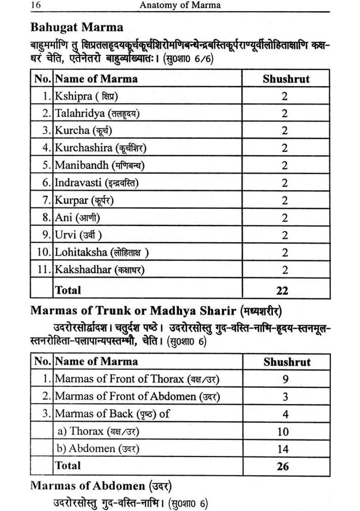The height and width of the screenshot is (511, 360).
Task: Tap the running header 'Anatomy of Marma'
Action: click(180, 5)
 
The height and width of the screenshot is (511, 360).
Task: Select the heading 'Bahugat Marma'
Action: click(77, 27)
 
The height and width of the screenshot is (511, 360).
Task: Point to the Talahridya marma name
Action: click(97, 113)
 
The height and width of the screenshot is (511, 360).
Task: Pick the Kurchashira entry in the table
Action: click(101, 148)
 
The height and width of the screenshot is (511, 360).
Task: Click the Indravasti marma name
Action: click(96, 183)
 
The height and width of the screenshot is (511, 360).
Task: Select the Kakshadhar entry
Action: click(99, 270)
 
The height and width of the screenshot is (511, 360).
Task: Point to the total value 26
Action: click(283, 466)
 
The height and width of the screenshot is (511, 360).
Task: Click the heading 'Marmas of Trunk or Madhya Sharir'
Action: click(156, 310)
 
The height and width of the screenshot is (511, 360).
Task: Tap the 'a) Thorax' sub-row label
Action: click(98, 431)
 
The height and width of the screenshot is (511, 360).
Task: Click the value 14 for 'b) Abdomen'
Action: click(283, 449)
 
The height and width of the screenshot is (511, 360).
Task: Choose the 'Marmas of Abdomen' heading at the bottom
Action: click(101, 485)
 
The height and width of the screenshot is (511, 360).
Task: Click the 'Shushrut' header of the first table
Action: click(286, 78)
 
